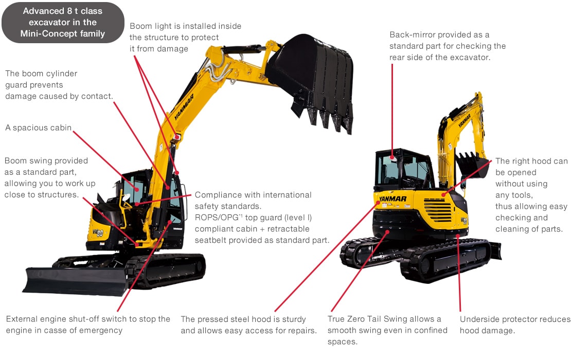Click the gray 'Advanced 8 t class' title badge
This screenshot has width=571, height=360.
click(x=63, y=23)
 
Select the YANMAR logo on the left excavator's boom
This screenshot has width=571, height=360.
click(x=184, y=107)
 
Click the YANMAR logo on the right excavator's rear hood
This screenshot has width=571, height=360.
click(x=393, y=199)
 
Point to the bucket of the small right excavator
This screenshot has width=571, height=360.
click(x=472, y=165)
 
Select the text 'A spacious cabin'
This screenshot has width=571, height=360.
click(x=39, y=128)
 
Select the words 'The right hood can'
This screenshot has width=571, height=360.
click(x=531, y=161)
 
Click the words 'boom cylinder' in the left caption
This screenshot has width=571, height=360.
click(x=49, y=74)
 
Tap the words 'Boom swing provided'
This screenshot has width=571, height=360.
click(x=46, y=161)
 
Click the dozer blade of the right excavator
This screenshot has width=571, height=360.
click(x=495, y=250)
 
